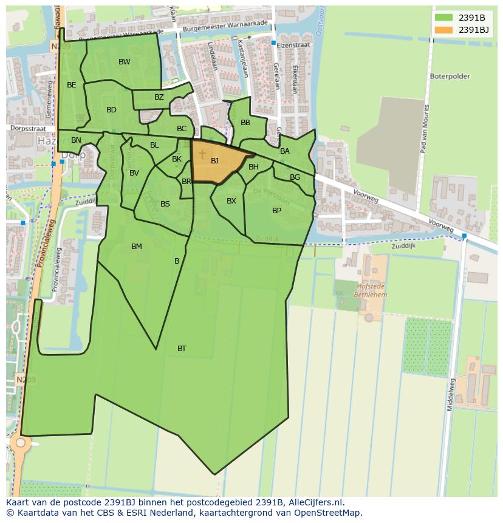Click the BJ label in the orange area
[214, 161]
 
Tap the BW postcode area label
[124, 62]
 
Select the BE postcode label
[72, 85]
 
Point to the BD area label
[111, 110]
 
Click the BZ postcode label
[159, 97]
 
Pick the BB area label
[245, 123]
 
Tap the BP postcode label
[276, 211]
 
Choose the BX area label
[231, 201]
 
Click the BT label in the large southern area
[182, 349]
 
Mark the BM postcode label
[137, 247]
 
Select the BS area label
[165, 204]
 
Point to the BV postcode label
[134, 173]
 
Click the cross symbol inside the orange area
[202, 155]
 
